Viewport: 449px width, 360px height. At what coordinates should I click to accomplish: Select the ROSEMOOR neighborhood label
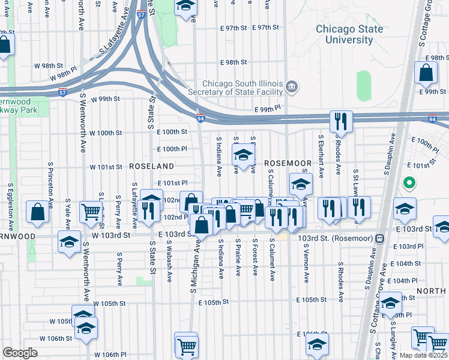288,163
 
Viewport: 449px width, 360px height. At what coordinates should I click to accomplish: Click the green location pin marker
409,182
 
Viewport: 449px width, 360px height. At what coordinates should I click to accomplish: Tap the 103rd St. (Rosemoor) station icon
379,238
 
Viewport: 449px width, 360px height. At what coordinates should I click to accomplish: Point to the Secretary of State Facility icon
291,88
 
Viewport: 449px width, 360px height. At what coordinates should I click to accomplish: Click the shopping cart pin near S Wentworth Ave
91,211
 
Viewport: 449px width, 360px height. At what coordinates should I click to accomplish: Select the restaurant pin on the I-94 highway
340,121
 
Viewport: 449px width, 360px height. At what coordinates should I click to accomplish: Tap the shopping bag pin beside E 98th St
426,74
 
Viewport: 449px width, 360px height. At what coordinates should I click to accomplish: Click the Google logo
20,353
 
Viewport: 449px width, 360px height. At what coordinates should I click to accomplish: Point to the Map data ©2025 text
423,355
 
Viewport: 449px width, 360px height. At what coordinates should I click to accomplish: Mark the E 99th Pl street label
268,109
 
